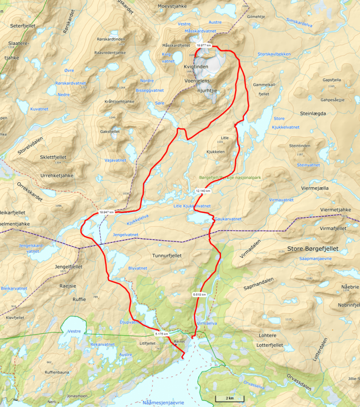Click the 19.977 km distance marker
pos(204,46)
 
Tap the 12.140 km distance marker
pos(203,190)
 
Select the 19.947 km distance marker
pos(106,212)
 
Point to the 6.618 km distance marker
pos(200,294)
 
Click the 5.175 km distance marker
pos(161,334)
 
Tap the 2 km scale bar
pos(229,398)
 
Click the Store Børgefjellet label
pos(313,248)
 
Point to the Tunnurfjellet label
pos(166,256)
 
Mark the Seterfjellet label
pos(23,26)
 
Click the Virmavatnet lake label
pos(281,200)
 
